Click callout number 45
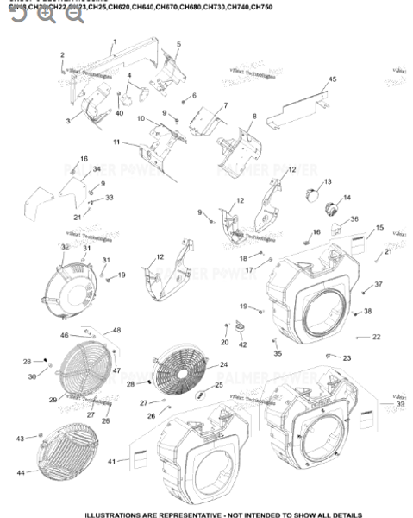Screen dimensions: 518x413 tap(332, 79)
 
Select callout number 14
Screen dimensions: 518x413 tap(347, 198)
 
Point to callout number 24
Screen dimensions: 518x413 tap(223, 365)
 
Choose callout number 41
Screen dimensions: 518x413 tap(111, 463)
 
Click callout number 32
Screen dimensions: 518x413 tap(65, 248)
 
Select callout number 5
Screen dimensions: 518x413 tap(178, 43)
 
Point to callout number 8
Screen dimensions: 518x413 tap(254, 116)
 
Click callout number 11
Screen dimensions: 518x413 tap(117, 141)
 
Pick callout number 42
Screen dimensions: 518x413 tap(242, 344)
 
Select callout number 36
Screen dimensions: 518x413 tap(354, 219)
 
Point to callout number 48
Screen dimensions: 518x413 tap(117, 330)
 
